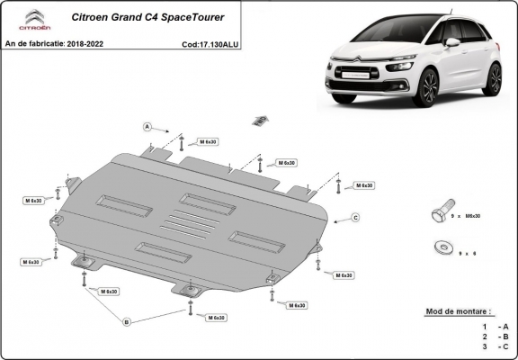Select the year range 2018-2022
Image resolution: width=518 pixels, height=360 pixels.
(x=88, y=43)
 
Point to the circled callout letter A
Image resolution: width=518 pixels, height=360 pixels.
(x=145, y=125)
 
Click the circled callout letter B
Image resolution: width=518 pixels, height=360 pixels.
(x=127, y=320)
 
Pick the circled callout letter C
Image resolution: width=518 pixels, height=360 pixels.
(x=355, y=218)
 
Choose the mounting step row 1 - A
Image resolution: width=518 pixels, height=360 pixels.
(x=494, y=325)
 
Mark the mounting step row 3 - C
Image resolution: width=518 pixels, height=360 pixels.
(x=494, y=346)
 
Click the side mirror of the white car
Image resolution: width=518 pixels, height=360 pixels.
(x=452, y=42)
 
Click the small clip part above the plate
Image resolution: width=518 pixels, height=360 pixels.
(x=261, y=121)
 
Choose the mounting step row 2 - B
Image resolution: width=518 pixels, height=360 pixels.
(x=494, y=336)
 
